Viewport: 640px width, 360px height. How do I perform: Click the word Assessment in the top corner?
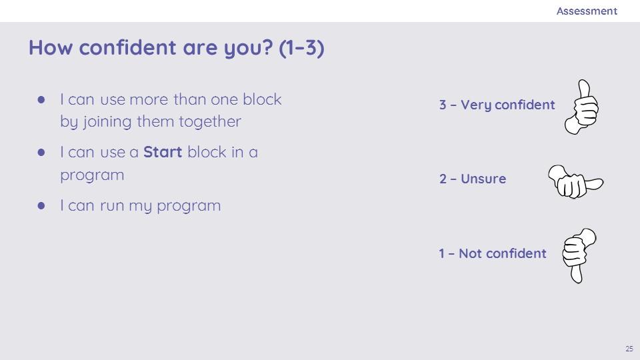587,11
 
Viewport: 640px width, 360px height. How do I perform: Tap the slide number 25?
629,349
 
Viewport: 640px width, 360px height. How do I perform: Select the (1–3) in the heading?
301,48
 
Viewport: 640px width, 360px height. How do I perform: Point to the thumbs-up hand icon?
581,107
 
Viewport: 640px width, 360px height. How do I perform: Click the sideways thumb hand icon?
575,182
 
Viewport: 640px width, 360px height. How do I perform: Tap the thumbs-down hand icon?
579,255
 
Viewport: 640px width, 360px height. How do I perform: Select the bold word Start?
163,152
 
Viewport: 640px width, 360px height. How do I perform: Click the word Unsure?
483,179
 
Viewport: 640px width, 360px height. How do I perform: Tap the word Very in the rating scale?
476,105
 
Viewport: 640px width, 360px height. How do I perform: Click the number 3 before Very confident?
443,105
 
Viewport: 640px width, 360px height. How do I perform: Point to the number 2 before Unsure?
443,179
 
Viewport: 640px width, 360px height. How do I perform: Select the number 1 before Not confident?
441,253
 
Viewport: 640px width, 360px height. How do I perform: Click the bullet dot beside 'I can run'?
41,205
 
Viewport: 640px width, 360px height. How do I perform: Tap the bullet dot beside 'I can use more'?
41,99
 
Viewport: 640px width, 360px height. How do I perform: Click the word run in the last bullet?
112,206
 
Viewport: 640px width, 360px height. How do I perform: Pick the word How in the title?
51,47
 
